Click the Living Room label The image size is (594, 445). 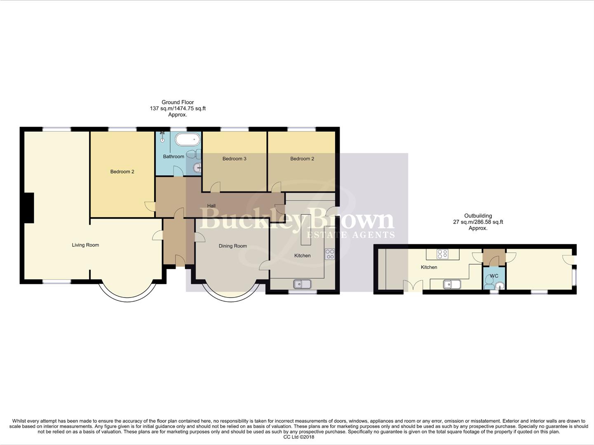click(x=85, y=245)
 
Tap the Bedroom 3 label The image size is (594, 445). click(x=234, y=159)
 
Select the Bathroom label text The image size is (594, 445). click(x=174, y=157)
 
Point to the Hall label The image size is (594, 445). click(x=211, y=206)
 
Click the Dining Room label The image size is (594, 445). click(x=232, y=246)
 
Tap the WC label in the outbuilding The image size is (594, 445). click(x=494, y=276)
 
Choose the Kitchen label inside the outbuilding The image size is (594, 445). click(x=429, y=267)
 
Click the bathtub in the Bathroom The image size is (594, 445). click(x=188, y=139)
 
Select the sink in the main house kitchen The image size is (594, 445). click(x=302, y=284)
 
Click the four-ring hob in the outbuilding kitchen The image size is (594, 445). click(x=442, y=254)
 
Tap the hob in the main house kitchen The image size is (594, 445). click(x=330, y=254)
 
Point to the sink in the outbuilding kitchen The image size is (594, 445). click(x=452, y=284)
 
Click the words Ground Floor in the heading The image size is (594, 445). click(x=178, y=102)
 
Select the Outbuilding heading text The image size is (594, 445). click(x=478, y=216)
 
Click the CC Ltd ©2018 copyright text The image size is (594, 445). click(x=299, y=437)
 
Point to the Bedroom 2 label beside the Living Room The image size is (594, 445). click(x=122, y=172)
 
